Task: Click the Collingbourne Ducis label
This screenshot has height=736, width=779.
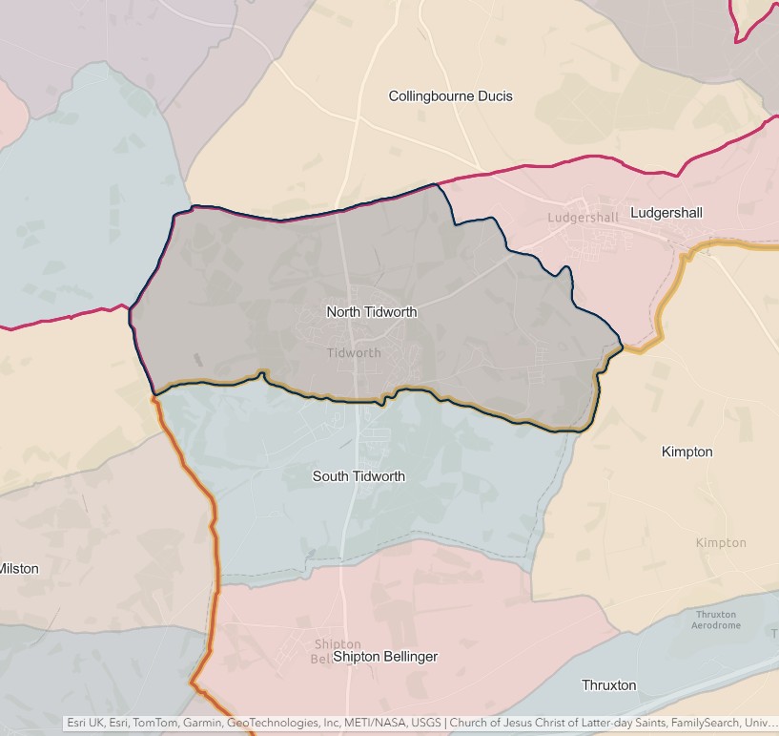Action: (x=450, y=96)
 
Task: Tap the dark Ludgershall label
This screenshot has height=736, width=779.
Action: (x=666, y=213)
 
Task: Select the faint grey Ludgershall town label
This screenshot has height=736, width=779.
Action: (x=583, y=218)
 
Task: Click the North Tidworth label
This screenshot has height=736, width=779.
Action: (x=371, y=312)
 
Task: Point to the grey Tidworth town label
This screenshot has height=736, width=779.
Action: (x=354, y=353)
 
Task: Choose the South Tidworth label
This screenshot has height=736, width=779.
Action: (x=359, y=476)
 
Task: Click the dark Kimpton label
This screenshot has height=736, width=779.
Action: (x=687, y=452)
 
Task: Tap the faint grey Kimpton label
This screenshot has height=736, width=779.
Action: (x=721, y=542)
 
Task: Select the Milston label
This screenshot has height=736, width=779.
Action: (x=18, y=569)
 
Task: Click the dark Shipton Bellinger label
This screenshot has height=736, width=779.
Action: (x=384, y=657)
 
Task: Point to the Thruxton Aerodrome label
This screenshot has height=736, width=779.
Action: (x=716, y=620)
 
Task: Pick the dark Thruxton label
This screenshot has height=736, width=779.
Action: (x=608, y=685)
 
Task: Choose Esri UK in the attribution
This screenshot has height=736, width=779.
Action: (x=88, y=724)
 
